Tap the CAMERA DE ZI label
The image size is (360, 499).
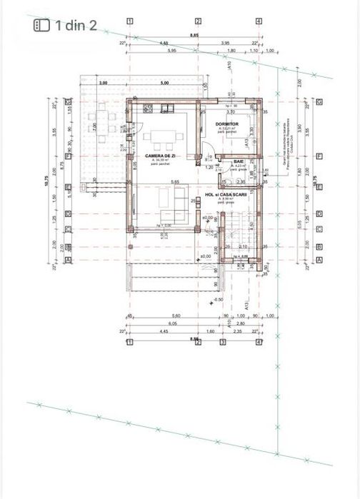click(x=160, y=155)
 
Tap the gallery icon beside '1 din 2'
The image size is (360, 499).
click(x=42, y=25)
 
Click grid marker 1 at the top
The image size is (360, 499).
click(x=130, y=21)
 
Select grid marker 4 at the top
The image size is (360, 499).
click(x=259, y=21)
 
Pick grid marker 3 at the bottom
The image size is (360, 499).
click(x=222, y=342)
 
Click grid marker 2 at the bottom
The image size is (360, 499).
click(x=198, y=342)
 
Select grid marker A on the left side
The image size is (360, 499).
click(x=69, y=260)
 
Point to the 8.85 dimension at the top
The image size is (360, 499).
click(x=194, y=34)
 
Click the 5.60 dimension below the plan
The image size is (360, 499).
click(x=166, y=316)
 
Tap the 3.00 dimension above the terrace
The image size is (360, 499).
click(x=103, y=83)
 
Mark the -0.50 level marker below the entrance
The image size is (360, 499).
click(x=218, y=300)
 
